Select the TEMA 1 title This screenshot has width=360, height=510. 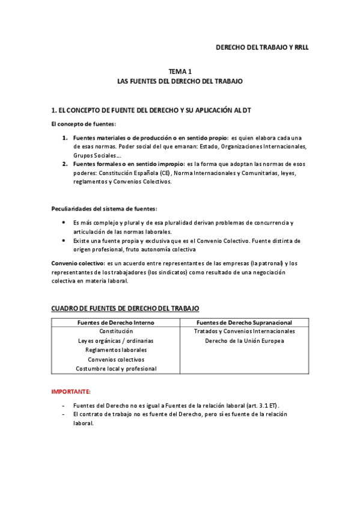(x=180, y=71)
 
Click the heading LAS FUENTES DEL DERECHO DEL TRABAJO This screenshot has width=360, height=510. (x=180, y=81)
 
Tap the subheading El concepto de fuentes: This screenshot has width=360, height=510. (x=83, y=124)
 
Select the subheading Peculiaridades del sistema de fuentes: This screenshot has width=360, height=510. (x=104, y=209)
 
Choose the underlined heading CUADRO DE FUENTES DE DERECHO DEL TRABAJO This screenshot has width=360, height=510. (x=125, y=308)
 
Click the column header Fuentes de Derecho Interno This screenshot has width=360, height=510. (x=115, y=322)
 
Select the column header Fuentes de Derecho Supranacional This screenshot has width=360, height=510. (x=244, y=322)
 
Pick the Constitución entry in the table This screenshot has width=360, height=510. (x=116, y=331)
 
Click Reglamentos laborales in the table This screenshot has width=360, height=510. (x=116, y=349)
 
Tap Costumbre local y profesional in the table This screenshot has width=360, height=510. (x=116, y=368)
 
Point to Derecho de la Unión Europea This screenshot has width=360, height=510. (x=244, y=340)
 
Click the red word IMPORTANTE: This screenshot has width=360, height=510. (x=71, y=391)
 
